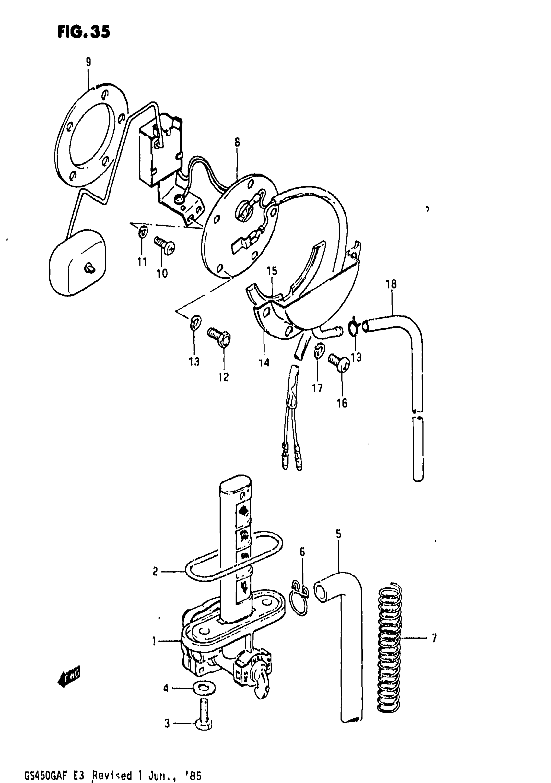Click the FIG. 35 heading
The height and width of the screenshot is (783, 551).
[84, 32]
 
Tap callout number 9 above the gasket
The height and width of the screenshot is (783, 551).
[88, 62]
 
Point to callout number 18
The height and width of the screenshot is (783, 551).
[391, 284]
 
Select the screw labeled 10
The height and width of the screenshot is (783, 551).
[164, 245]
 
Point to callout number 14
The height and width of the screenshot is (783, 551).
[264, 363]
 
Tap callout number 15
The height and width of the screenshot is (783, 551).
[272, 271]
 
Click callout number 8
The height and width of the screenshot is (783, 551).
[237, 142]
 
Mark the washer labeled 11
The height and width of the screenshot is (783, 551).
[143, 232]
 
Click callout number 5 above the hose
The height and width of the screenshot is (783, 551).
[338, 534]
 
